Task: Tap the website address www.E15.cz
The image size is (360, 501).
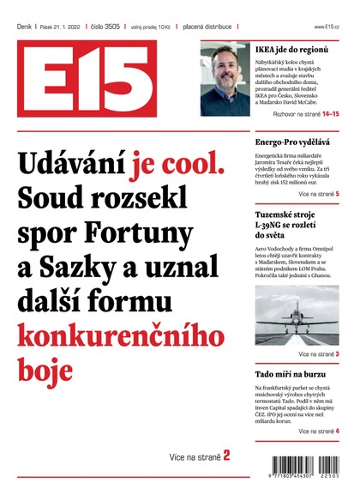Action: point(328,27)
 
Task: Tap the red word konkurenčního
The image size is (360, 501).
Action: point(114,335)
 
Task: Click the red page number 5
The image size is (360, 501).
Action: point(337,195)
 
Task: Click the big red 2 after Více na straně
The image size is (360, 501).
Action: point(226,456)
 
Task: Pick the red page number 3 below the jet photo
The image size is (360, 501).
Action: point(337,353)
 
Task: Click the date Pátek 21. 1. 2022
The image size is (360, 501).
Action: point(61,27)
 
